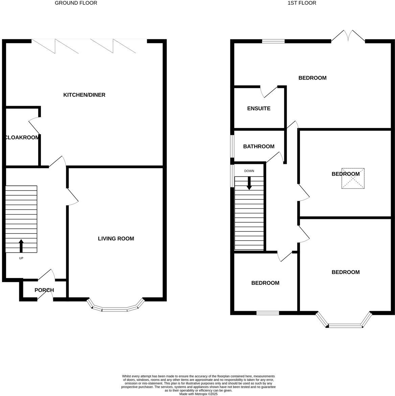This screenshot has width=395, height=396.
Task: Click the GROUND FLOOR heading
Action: coord(76,3)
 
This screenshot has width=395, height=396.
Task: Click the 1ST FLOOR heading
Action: coord(302,3)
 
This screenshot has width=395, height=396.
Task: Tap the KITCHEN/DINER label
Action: coord(84,95)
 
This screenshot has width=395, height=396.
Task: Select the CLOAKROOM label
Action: coord(22,138)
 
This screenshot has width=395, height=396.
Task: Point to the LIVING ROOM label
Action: coord(116,239)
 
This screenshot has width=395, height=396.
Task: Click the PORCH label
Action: coord(44,290)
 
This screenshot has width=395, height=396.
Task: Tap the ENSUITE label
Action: coord(259,108)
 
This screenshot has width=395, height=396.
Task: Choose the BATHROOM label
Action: coord(259,147)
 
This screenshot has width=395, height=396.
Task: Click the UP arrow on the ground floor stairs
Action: coord(21,246)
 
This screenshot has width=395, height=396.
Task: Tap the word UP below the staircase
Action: coord(21,258)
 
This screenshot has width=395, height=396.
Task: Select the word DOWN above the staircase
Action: coord(249,171)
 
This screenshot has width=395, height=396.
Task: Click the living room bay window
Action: coord(115,308)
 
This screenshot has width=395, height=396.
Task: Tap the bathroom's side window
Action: coord(232,146)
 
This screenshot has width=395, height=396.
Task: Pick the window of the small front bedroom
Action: coord(268,313)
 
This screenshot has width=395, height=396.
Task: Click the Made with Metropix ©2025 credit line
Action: coord(198,394)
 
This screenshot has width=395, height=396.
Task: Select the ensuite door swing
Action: coord(269,91)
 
